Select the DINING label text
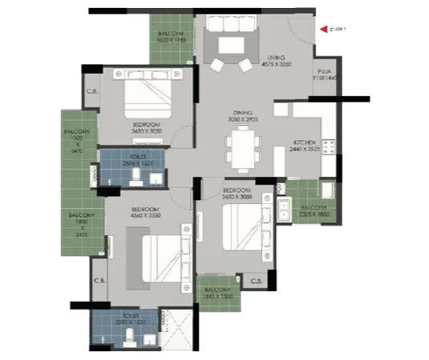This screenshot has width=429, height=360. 243,112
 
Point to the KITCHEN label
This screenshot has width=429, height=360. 304,142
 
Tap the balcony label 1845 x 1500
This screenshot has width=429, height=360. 218,293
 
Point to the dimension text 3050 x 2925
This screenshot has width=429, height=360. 243,119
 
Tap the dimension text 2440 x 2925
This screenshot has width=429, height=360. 304,150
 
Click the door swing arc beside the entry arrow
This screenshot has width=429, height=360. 303,32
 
